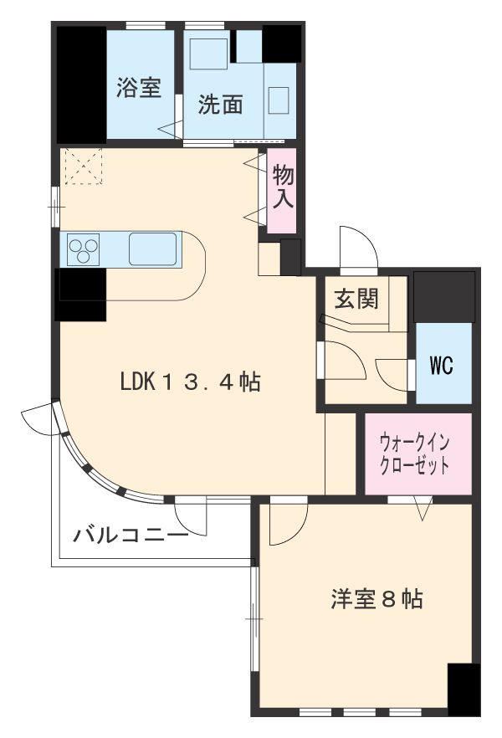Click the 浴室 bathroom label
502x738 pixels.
pos(139,89)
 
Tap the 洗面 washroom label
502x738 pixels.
pos(220,104)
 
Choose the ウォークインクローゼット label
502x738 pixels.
pos(416,453)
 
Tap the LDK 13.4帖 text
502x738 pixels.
pos(189,382)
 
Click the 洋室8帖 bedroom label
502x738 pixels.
pos(376,599)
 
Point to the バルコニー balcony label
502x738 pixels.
pos(130,535)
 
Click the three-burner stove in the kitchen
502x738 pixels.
pos(84,249)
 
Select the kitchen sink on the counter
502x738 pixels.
pos(153,249)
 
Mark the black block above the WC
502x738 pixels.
pos(443,296)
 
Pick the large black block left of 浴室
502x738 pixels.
pos(80,85)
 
